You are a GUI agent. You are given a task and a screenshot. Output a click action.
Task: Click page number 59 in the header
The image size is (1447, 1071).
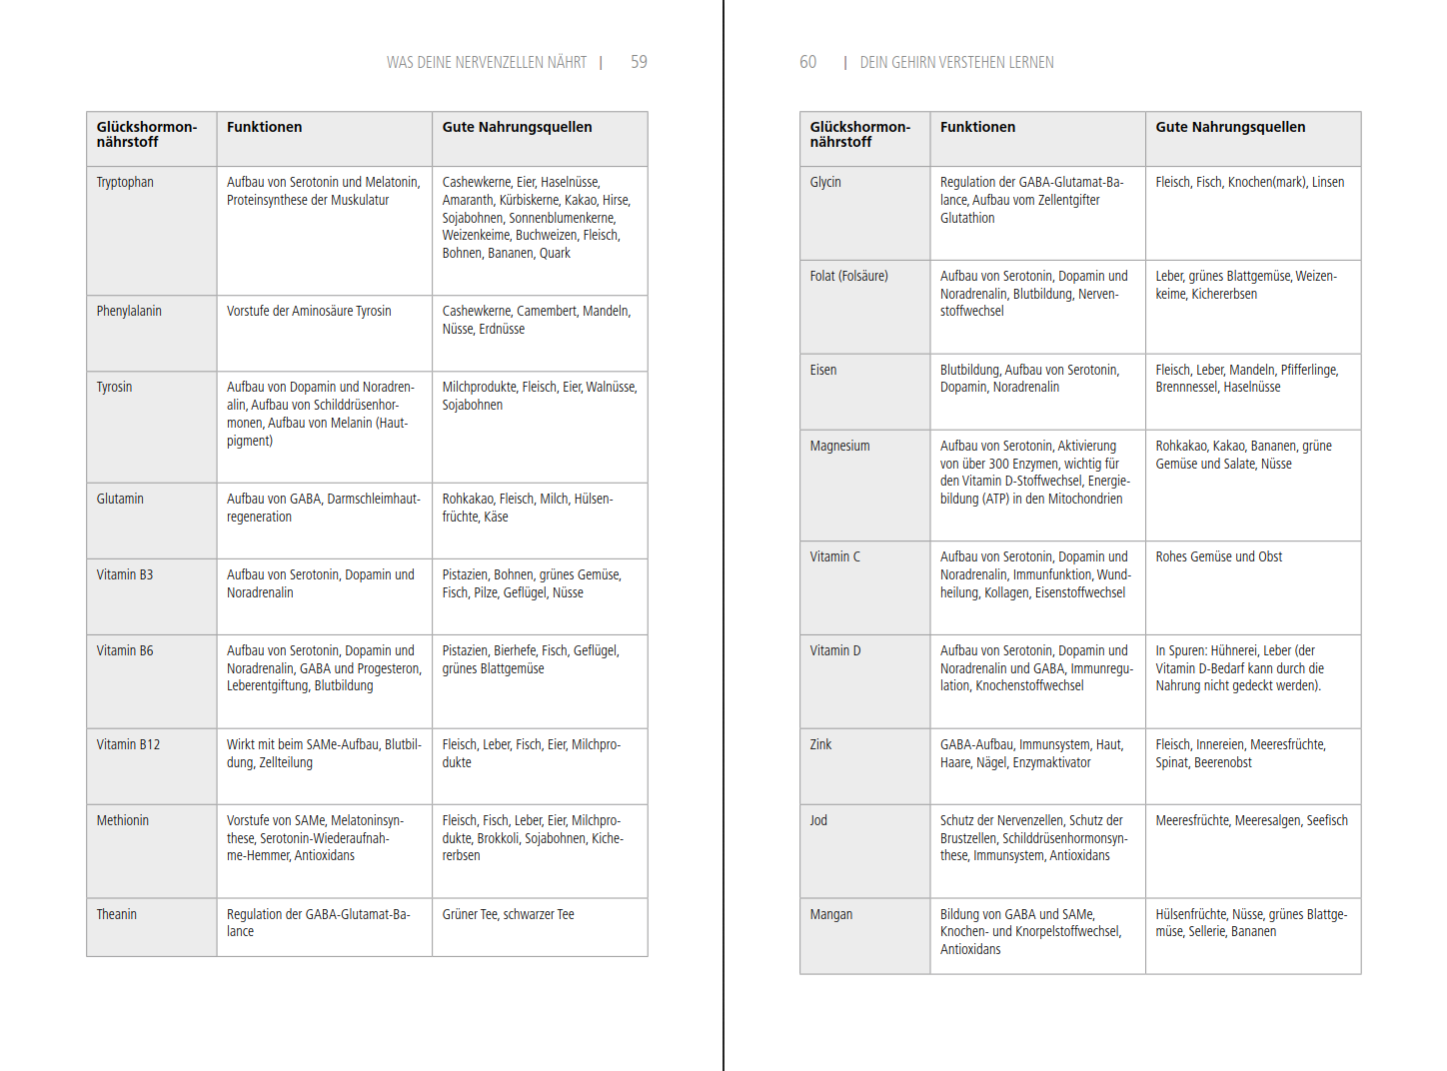coord(639,62)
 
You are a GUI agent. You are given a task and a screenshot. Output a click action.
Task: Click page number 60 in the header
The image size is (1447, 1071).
coord(807,62)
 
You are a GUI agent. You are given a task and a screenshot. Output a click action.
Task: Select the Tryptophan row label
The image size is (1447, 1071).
coord(125,182)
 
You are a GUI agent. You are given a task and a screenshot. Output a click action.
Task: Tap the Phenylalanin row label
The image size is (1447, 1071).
coord(129,311)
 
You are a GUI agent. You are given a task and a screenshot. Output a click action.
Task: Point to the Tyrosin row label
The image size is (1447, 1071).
coord(114,387)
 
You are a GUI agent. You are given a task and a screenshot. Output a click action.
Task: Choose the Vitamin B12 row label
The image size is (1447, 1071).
coord(128,744)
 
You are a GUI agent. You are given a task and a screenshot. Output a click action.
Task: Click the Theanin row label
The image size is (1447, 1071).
coord(117,914)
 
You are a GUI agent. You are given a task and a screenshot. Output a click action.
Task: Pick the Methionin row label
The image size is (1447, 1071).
coord(123,820)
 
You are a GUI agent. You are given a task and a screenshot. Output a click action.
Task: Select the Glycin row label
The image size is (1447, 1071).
coord(825,182)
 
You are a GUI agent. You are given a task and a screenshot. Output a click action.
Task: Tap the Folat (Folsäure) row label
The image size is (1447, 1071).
coord(848,276)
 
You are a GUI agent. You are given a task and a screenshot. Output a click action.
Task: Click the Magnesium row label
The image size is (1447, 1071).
coord(839,446)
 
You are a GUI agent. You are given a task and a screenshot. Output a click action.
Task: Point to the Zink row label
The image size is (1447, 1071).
coord(820,744)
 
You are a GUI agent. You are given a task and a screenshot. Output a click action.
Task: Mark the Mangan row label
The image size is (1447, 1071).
coord(831,914)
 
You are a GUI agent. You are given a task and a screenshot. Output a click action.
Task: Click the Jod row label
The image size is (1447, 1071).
coord(818,820)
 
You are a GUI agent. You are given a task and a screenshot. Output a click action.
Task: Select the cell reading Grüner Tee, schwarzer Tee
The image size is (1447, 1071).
coord(508,914)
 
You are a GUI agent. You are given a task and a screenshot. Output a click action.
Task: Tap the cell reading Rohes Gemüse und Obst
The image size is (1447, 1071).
coord(1218,556)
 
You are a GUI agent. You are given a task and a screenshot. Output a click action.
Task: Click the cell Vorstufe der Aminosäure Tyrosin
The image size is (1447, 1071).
coord(309,311)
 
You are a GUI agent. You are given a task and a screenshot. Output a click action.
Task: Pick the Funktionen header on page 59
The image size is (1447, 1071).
coord(264,127)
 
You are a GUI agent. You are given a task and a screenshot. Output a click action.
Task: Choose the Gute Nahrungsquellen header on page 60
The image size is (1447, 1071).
coord(1230,127)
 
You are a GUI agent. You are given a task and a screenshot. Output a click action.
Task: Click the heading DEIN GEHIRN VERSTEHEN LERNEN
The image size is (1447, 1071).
coord(956,62)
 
